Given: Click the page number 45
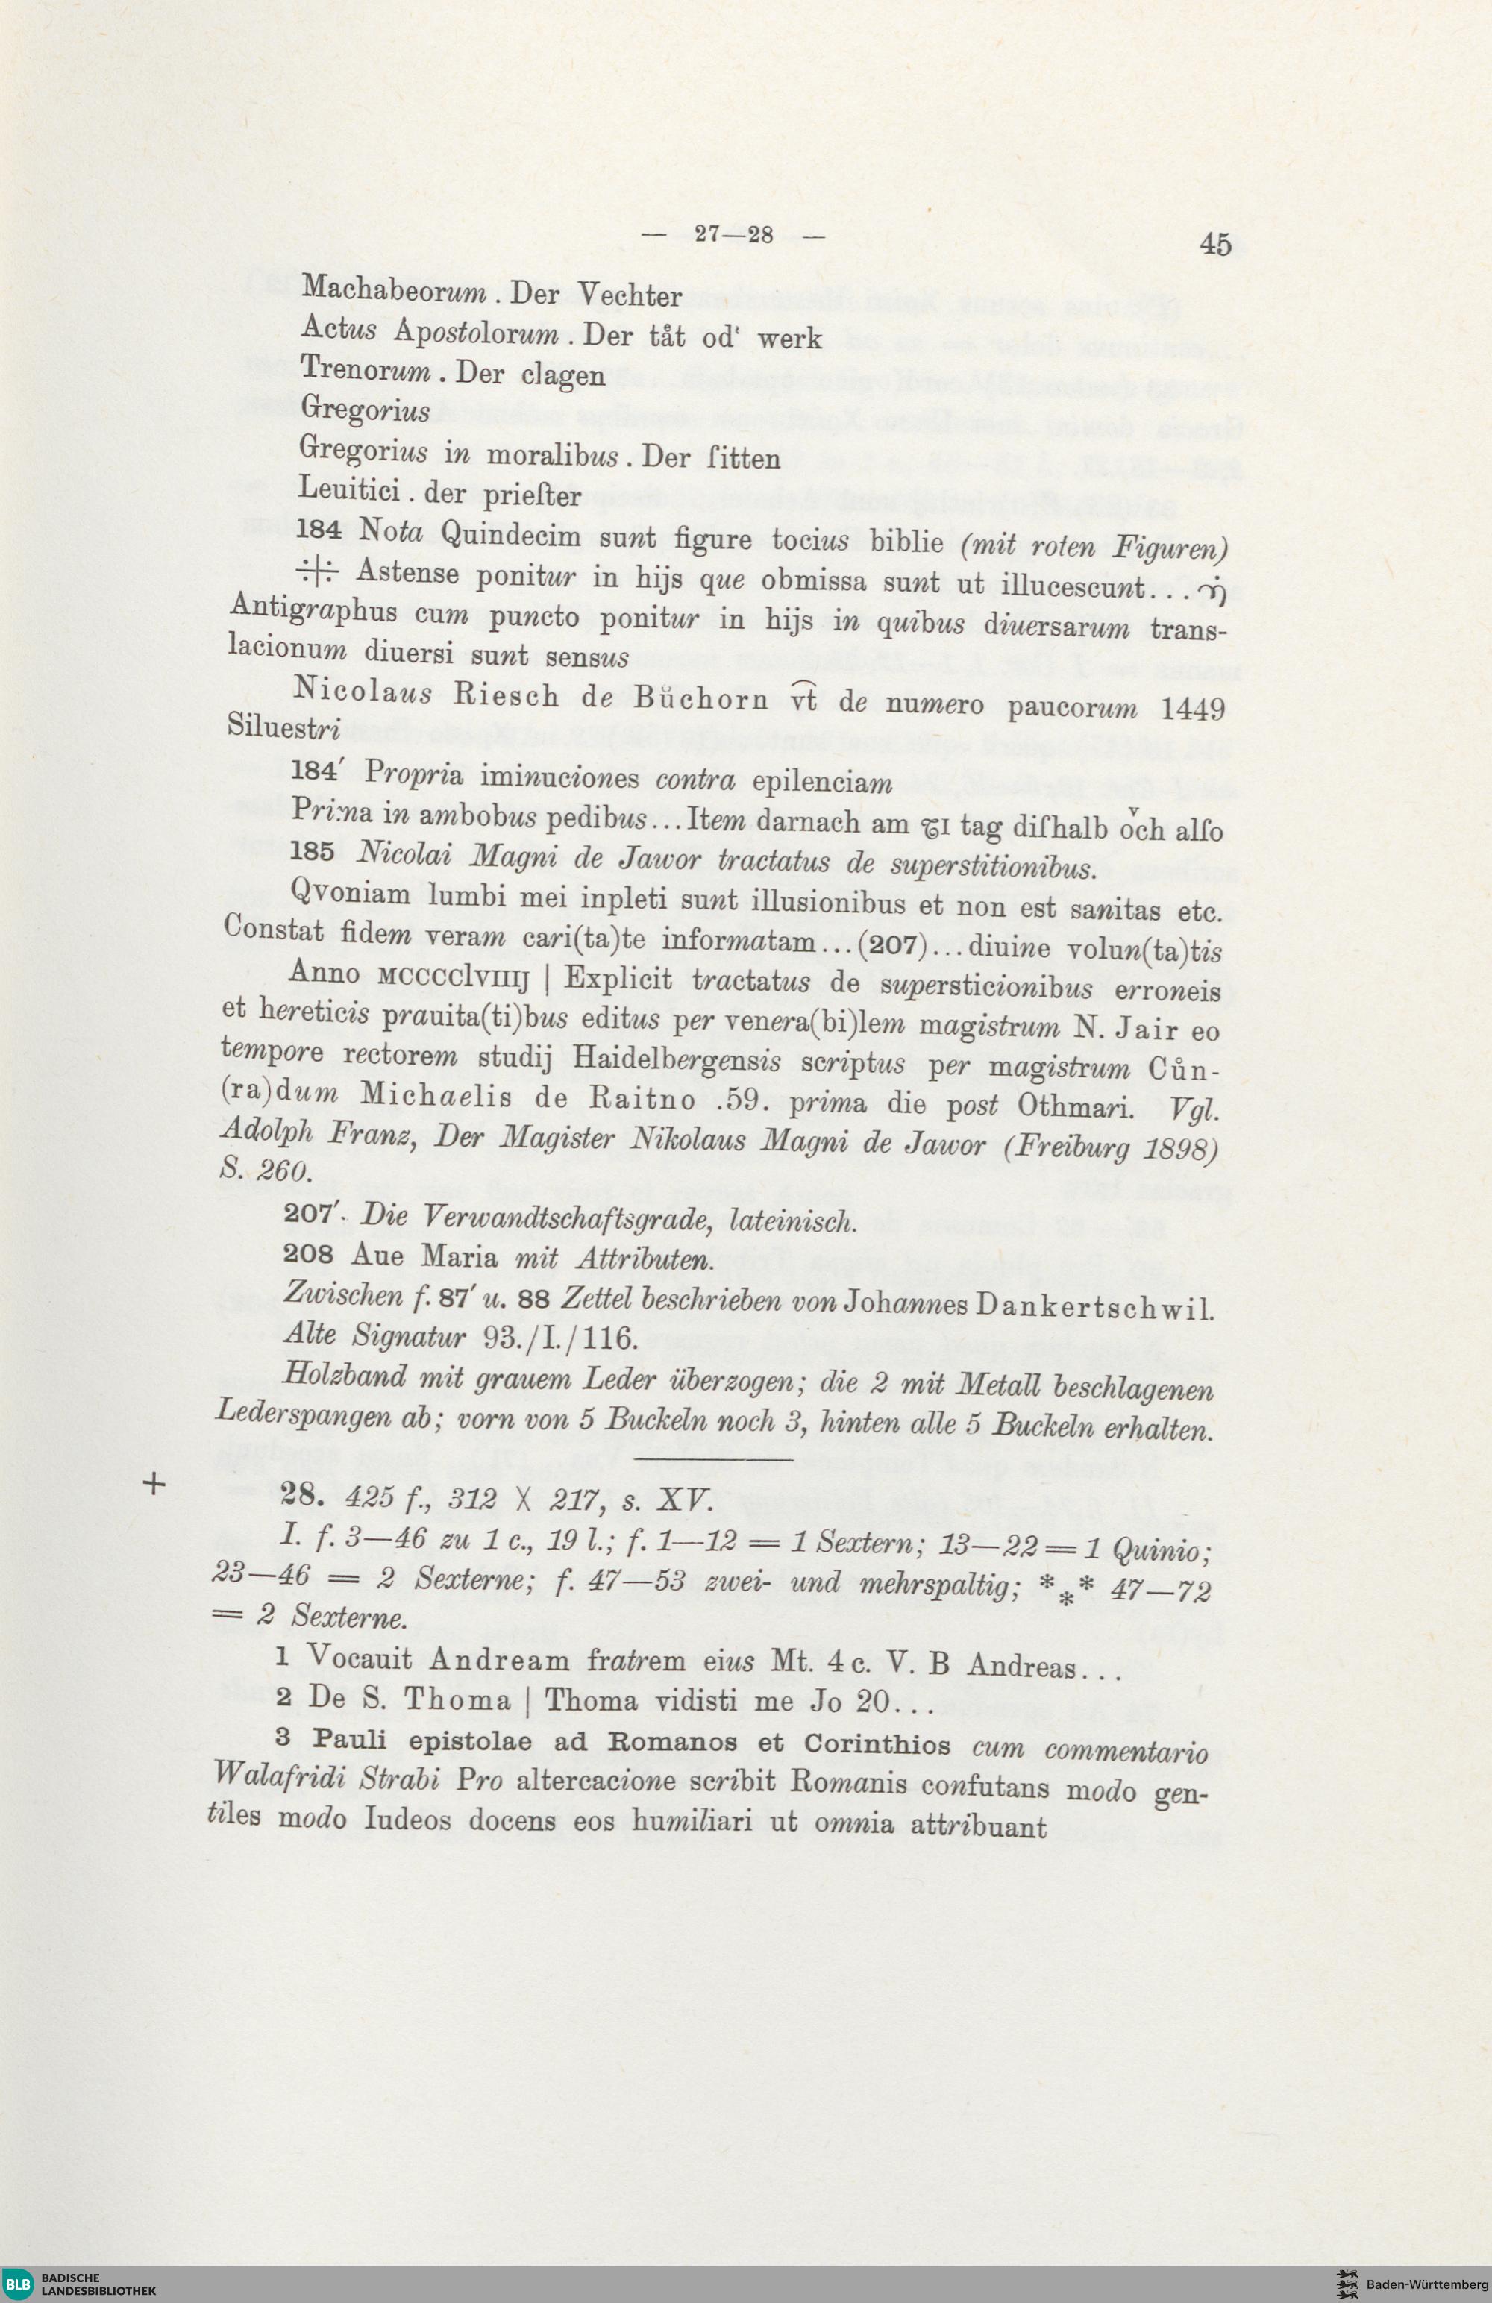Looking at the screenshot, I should (x=1215, y=244).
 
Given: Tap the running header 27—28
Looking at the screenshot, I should (x=733, y=234).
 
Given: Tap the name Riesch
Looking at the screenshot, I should (x=507, y=694).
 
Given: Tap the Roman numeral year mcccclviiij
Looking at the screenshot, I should (x=454, y=977).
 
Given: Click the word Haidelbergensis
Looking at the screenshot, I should (x=677, y=1059).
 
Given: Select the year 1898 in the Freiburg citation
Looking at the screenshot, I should (x=1179, y=1149).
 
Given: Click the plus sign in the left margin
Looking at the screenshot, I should (x=154, y=1483).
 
